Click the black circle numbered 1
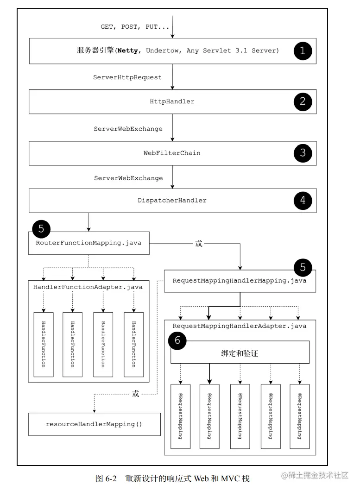[x=303, y=51]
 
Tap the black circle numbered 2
[x=303, y=101]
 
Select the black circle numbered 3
[x=303, y=152]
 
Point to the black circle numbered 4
[x=303, y=200]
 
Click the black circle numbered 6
[x=177, y=341]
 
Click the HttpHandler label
[x=172, y=101]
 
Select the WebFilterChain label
[x=172, y=152]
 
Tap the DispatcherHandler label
[x=172, y=201]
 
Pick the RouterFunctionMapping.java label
[x=88, y=243]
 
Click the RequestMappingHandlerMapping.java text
[x=239, y=281]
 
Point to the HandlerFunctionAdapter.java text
[x=88, y=287]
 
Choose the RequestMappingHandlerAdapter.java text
[x=239, y=326]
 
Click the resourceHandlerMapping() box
[x=94, y=424]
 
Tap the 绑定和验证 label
[x=240, y=353]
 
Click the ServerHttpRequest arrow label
[x=127, y=77]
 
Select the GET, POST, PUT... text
[x=135, y=27]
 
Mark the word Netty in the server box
[x=127, y=51]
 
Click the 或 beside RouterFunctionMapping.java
[x=199, y=243]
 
